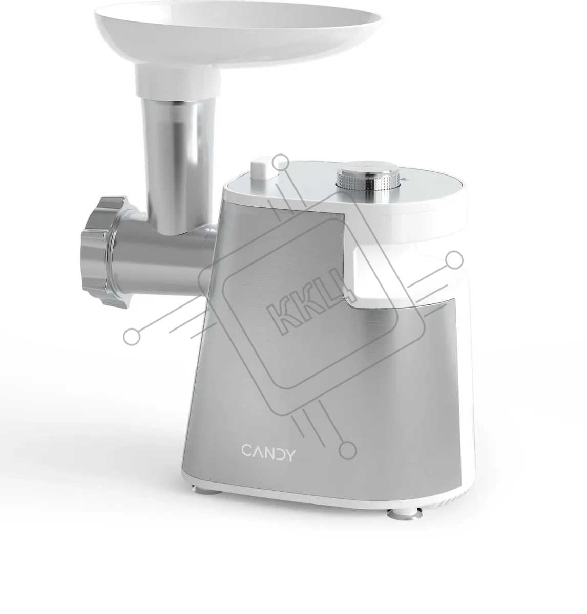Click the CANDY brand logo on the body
(x=269, y=453)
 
